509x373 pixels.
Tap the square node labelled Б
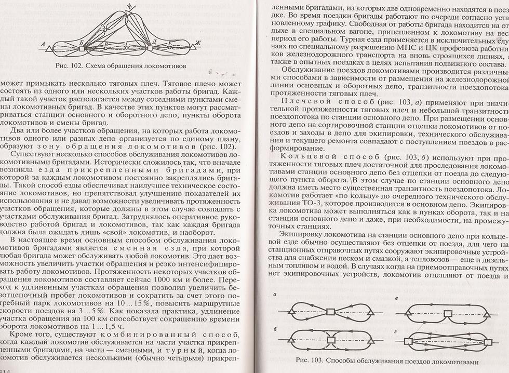coord(82,49)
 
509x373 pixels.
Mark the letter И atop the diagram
coord(129,6)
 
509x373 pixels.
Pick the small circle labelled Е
coord(170,48)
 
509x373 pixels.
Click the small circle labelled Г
coord(126,48)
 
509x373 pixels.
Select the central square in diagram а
coord(330,312)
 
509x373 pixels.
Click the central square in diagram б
coord(330,340)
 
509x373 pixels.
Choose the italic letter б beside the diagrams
coord(274,329)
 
